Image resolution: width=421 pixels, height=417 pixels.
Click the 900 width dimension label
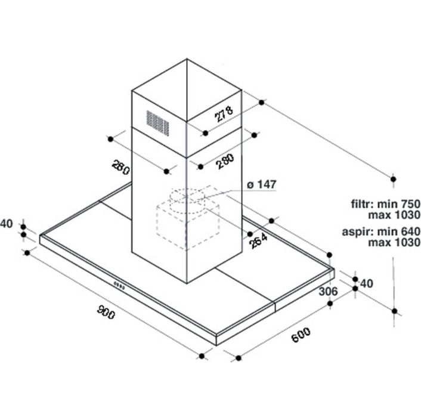pos(106,312)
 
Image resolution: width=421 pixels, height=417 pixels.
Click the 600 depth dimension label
pos(301,335)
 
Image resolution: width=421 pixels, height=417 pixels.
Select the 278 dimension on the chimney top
pos(224,114)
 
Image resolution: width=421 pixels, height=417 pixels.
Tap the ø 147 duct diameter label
pos(261,184)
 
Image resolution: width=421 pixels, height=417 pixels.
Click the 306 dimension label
pos(328,291)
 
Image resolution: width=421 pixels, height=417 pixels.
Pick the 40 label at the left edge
pos(7,224)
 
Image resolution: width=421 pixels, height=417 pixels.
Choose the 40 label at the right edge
pos(367,283)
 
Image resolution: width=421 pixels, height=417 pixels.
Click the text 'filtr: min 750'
pos(386,204)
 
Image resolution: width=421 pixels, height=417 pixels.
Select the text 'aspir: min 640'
pos(381,231)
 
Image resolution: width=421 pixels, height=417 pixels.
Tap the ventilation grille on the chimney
pos(157,123)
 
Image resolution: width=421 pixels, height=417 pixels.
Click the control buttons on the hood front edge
pos(119,285)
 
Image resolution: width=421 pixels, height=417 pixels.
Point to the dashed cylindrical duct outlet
pos(187,201)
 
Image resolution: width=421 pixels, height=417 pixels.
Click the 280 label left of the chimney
pos(121,167)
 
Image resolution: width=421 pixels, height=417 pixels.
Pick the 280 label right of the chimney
pos(225,161)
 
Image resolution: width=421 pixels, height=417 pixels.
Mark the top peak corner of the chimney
pos(187,59)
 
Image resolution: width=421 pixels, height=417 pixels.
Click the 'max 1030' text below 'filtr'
pos(394,215)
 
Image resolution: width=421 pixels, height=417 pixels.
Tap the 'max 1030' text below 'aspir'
pos(394,242)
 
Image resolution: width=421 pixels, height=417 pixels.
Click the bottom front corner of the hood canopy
pos(216,345)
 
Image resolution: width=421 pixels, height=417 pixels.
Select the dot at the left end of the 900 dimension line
pos(27,252)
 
